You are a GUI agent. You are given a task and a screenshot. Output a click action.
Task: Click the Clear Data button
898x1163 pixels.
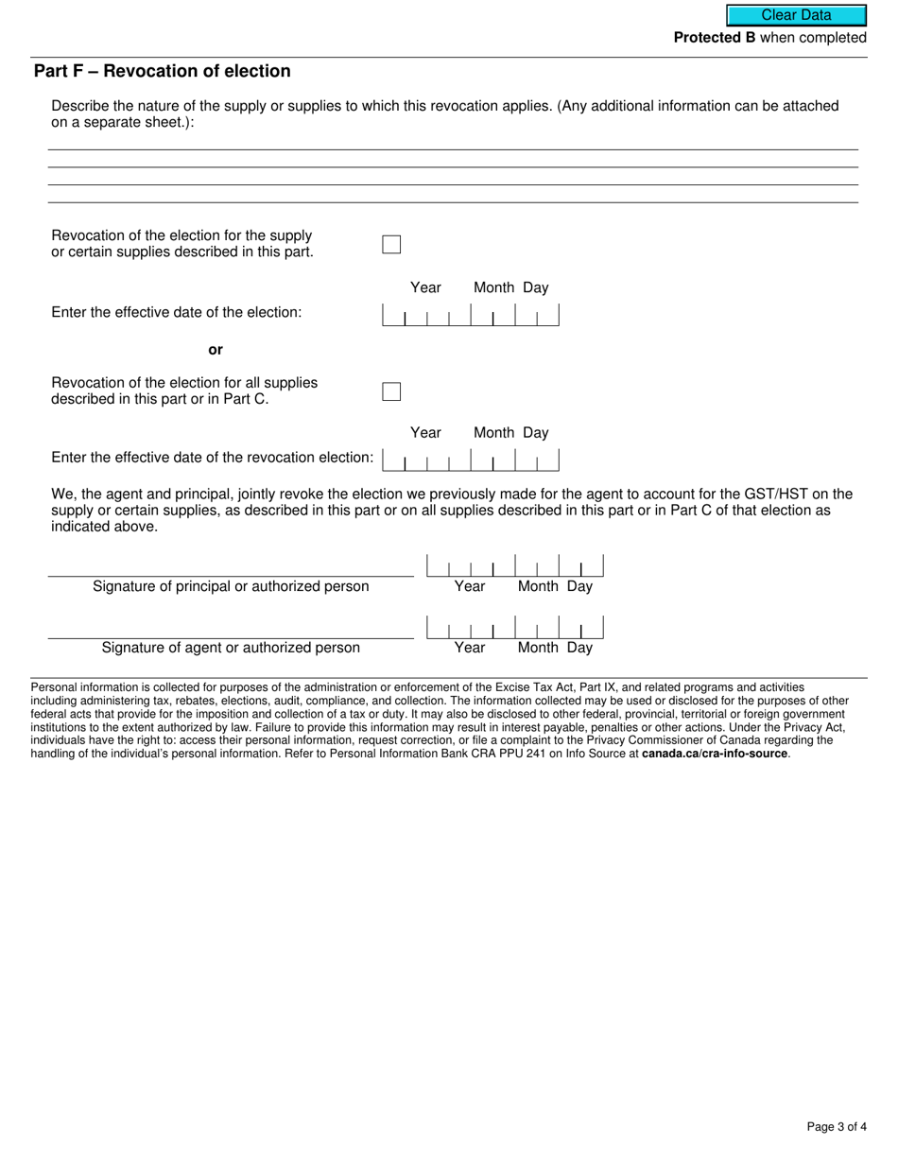[796, 15]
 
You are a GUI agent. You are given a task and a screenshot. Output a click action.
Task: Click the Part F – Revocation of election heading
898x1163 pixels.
[162, 72]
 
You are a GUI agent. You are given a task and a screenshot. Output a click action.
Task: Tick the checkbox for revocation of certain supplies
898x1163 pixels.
[391, 244]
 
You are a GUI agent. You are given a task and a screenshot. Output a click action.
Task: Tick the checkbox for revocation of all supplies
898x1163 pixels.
[391, 391]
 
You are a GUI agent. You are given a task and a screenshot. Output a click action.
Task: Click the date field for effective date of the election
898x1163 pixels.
[470, 316]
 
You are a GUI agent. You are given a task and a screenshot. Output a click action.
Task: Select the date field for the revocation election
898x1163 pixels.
[470, 460]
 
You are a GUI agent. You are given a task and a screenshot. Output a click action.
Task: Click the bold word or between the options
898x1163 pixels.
[216, 350]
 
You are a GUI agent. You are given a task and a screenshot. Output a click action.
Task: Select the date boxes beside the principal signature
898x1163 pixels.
[515, 566]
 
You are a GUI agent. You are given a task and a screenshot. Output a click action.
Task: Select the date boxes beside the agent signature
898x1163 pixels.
[515, 628]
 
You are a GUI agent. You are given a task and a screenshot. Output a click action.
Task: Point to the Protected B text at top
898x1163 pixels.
[714, 38]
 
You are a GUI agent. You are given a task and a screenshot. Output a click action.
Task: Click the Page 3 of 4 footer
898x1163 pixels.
[837, 1126]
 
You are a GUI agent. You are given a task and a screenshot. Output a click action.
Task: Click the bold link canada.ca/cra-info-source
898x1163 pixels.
[715, 754]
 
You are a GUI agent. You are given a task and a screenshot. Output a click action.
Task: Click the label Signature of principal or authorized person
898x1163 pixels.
[231, 586]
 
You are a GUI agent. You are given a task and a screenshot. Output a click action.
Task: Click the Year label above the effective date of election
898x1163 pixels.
[425, 287]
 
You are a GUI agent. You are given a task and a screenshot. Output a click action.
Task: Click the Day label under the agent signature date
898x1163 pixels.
[579, 648]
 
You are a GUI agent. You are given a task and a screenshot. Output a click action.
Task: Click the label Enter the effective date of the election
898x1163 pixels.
[177, 312]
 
